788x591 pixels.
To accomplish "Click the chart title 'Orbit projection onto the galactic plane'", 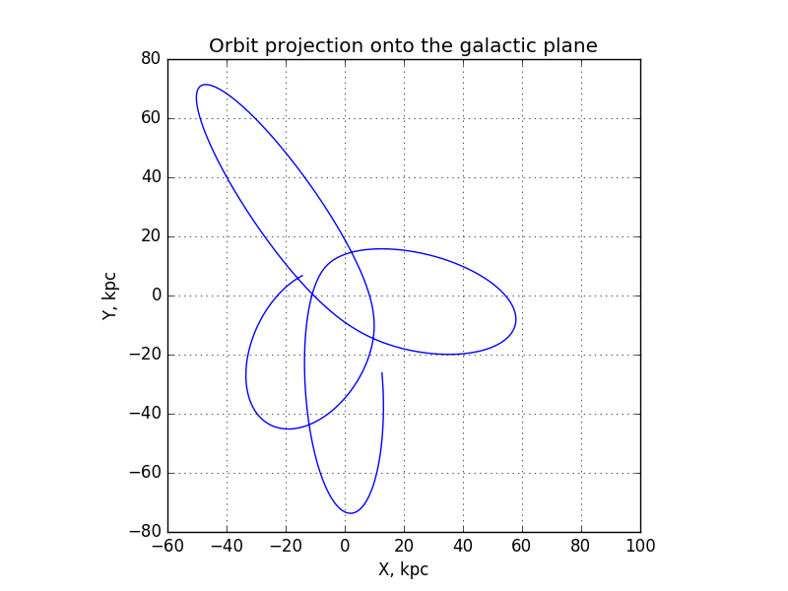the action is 403,45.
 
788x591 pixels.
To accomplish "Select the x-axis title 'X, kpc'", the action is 403,569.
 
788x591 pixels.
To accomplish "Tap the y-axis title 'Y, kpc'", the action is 109,296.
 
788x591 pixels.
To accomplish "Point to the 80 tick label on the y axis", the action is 151,59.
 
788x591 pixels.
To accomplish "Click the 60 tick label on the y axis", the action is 151,118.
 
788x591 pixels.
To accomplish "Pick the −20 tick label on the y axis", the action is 145,355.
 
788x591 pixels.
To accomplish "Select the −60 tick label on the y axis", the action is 145,473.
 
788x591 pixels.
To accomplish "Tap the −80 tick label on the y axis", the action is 145,532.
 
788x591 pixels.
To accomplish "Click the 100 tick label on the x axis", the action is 640,546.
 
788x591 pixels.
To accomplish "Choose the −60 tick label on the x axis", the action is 167,546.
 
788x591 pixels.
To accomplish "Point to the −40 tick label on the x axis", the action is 227,546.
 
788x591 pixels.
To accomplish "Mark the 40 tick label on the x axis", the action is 463,546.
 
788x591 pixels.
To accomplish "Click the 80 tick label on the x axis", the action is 581,546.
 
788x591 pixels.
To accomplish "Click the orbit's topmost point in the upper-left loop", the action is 205,85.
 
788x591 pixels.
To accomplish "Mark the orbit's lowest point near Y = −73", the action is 351,513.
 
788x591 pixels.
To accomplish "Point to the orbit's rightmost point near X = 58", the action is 515,319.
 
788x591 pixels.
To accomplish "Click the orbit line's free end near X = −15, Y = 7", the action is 302,276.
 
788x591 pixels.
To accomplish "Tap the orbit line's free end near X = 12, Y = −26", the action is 382,373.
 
